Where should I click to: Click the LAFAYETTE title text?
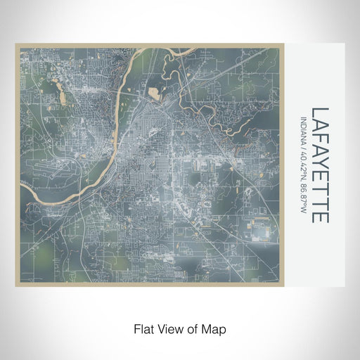tap(319, 166)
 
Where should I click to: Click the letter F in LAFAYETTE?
tap(319, 139)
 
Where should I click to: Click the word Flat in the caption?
tap(141, 328)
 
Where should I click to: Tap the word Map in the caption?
tap(216, 328)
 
